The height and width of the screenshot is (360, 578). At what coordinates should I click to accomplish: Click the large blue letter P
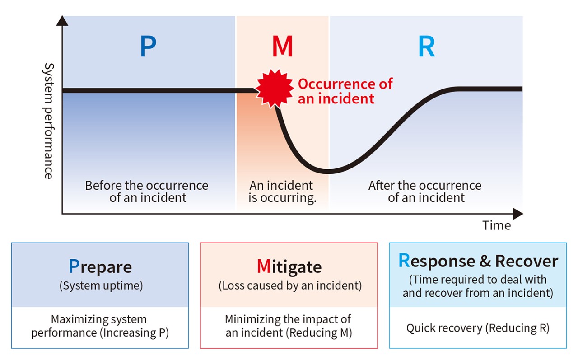tap(148, 47)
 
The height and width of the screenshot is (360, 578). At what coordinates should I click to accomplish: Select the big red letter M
tap(283, 47)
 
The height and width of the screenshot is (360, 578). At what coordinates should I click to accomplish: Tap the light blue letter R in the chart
tap(426, 47)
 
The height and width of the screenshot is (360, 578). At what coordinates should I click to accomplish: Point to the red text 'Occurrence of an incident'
tap(345, 91)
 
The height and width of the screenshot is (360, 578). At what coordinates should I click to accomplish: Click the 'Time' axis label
tap(496, 225)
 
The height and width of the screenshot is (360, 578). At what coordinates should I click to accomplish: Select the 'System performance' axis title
tap(48, 121)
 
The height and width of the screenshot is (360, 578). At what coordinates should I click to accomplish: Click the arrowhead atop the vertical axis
tap(63, 20)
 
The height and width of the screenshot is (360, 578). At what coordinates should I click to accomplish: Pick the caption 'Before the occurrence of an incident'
tap(147, 192)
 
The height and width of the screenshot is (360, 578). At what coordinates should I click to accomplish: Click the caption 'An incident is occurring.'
tap(282, 192)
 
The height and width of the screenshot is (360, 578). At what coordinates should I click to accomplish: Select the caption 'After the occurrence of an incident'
tap(425, 192)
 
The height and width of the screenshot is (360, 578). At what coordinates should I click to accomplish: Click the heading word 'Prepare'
tap(100, 266)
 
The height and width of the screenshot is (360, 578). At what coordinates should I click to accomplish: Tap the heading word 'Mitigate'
tap(289, 266)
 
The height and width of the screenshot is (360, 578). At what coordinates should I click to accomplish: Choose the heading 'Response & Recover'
tap(478, 261)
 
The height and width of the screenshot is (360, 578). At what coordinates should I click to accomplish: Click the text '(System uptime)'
tap(100, 285)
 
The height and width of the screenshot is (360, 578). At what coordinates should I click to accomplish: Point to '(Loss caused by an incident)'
tap(289, 285)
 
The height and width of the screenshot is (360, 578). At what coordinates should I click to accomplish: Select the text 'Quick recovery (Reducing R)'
tap(478, 328)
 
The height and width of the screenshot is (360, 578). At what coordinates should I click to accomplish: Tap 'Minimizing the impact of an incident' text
tap(289, 326)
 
